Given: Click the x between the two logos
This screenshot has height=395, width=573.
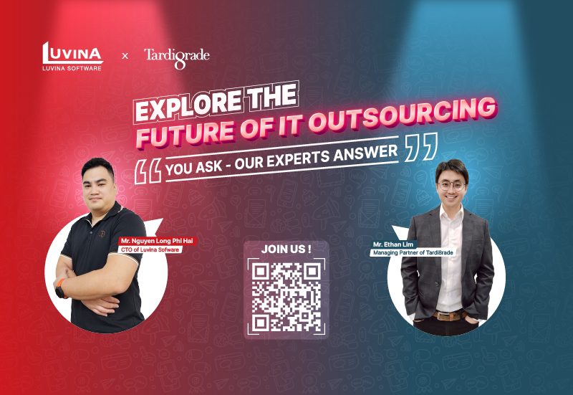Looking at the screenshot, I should click(124, 55).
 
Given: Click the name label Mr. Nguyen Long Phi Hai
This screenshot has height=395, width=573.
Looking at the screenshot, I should click(157, 242).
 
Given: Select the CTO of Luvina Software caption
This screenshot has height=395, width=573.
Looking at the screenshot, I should click(150, 249).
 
